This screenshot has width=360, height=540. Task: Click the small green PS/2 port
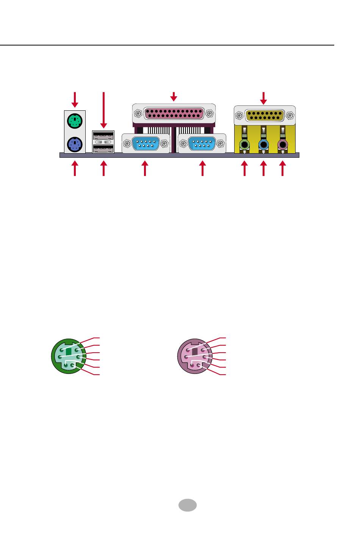point(75,122)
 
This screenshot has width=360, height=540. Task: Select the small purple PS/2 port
point(75,144)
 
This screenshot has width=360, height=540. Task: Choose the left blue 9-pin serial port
point(146,144)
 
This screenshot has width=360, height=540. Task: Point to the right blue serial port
point(201,144)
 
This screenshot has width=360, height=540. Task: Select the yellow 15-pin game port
point(265,115)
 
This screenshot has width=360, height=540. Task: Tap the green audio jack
point(245,144)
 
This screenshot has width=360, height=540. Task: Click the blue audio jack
point(263,144)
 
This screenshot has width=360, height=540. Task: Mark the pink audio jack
point(282,144)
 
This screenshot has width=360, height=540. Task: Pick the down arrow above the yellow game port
point(264,97)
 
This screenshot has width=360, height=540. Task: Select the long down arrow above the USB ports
point(103,110)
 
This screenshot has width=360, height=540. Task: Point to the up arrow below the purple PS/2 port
point(75,169)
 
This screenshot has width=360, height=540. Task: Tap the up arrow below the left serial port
point(144,169)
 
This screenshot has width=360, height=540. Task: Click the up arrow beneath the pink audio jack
point(282,169)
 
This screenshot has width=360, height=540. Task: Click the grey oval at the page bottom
point(187,505)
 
